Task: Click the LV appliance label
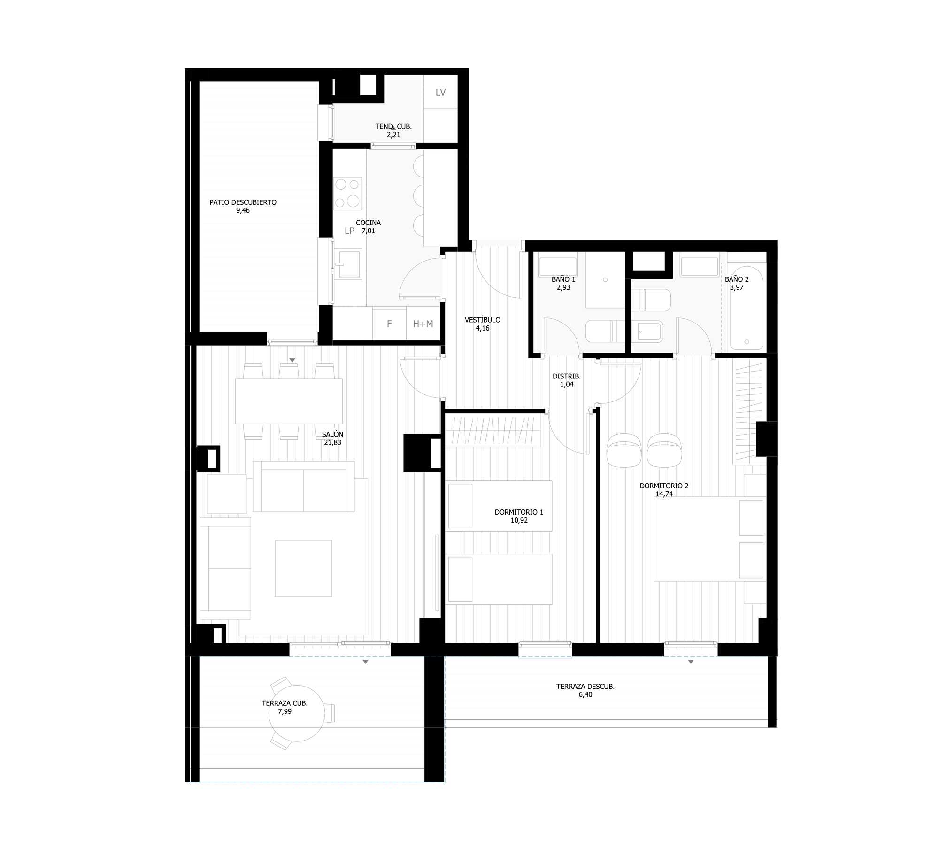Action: click(x=440, y=93)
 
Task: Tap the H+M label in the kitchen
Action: click(x=423, y=324)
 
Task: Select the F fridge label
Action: click(x=389, y=324)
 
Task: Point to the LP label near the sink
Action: click(x=349, y=231)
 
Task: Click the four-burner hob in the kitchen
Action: click(x=347, y=193)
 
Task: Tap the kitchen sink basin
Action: click(x=350, y=263)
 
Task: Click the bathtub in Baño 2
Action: click(x=747, y=308)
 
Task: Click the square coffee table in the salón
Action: click(x=303, y=568)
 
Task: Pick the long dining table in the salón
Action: click(x=289, y=401)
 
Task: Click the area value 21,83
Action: click(x=332, y=442)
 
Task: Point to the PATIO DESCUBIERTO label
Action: click(x=243, y=202)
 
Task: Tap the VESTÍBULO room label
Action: click(x=483, y=320)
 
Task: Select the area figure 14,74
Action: click(x=664, y=494)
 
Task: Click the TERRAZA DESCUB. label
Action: click(x=585, y=687)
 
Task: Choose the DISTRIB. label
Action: click(x=567, y=376)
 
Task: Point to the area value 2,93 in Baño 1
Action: click(x=563, y=287)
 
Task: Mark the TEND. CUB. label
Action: click(x=393, y=126)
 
